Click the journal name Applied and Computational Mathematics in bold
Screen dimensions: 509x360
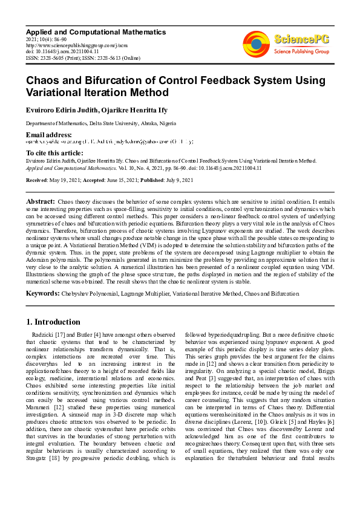point(95,31)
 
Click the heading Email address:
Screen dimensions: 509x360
point(48,134)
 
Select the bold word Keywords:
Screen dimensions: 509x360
point(42,294)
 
